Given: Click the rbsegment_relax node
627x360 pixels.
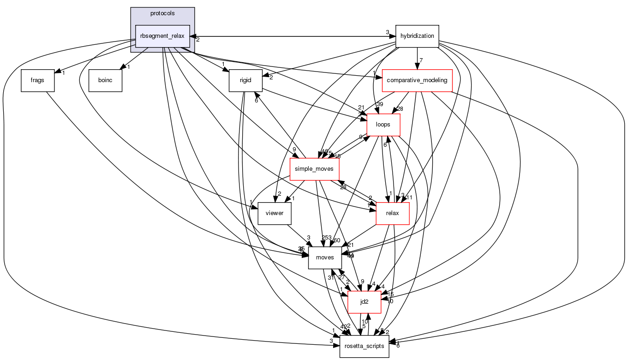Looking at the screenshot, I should point(162,36).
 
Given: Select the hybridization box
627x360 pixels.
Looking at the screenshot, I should point(417,36).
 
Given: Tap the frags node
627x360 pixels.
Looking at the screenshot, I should point(37,80).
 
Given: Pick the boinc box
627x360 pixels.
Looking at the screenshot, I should point(105,80).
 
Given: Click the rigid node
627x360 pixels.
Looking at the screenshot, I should point(245,80).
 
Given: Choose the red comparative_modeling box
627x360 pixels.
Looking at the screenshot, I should point(417,80).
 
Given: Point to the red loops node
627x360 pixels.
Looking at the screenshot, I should point(383,124).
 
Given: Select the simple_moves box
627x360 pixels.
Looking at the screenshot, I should point(314,169).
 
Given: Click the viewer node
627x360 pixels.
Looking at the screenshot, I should point(274,213).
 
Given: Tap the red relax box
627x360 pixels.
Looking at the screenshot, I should point(393,213).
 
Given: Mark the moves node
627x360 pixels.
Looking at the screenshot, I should point(324,257).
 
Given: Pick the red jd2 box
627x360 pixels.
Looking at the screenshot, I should point(364,301).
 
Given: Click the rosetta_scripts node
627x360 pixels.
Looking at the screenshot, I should point(364,346).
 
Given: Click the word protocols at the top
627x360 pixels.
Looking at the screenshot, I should point(162,13).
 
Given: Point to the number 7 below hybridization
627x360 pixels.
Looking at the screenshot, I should point(421,60).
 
